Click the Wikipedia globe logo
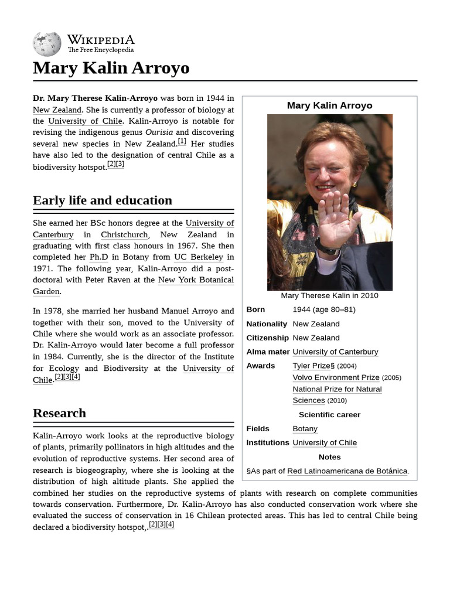point(47,44)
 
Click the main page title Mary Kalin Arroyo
point(111,68)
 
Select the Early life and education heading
point(103,200)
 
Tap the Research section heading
point(59,413)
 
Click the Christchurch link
point(124,234)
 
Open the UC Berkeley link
point(199,257)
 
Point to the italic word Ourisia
point(159,132)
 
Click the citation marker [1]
point(182,141)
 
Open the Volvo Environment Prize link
point(336,377)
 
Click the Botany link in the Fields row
point(305,429)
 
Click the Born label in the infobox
point(255,309)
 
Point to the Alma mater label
point(268,352)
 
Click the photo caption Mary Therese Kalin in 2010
point(329,295)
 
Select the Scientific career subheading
point(329,415)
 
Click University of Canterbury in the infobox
point(335,352)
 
